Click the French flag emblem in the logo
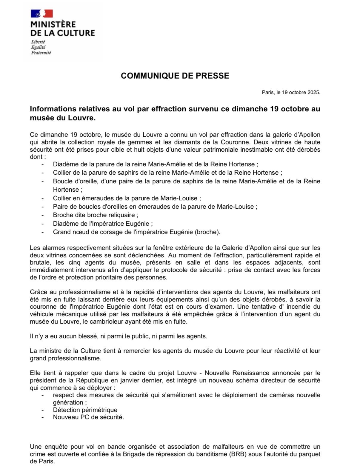point(42,14)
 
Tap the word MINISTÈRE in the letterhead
point(53,24)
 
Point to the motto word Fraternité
point(41,53)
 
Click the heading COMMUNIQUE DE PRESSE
point(175,76)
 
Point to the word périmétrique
point(99,410)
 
